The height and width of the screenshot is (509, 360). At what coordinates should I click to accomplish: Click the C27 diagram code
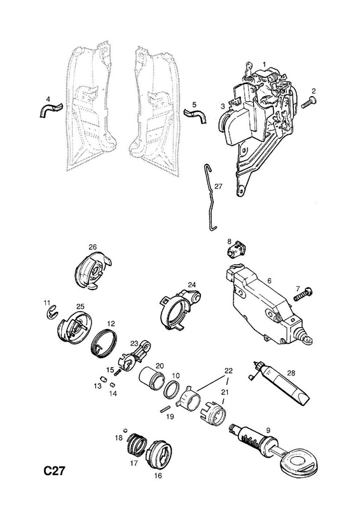[55, 471]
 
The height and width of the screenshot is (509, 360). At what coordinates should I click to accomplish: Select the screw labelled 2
[308, 102]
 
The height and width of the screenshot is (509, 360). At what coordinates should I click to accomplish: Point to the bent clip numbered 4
[49, 110]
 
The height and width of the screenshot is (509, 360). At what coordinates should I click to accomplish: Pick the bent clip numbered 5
[197, 115]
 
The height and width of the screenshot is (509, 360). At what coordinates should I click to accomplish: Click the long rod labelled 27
[211, 198]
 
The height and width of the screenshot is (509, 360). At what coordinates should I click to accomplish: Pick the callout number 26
[92, 247]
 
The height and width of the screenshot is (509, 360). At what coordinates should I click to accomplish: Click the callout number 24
[192, 284]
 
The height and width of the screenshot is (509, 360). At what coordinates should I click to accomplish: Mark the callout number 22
[228, 370]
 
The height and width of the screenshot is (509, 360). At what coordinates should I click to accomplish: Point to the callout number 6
[270, 281]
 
